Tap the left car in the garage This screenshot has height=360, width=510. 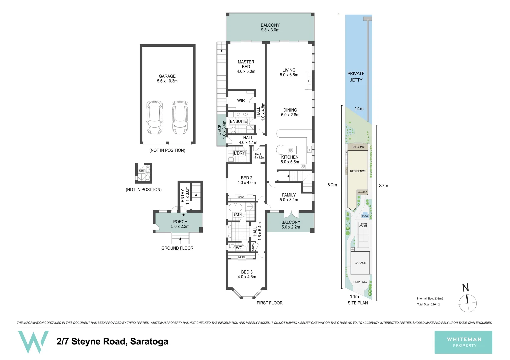154,118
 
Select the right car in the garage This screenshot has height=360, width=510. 180,118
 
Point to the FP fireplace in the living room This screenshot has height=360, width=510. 309,81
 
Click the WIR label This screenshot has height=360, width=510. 241,100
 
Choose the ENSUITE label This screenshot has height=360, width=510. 238,122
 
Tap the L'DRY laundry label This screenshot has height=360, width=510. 239,153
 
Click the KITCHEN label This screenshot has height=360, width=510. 290,157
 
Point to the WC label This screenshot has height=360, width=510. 239,248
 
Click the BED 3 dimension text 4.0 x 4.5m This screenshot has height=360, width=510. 247,277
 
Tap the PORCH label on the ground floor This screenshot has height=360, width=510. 180,222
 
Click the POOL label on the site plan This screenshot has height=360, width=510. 365,216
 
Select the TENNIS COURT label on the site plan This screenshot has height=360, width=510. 363,225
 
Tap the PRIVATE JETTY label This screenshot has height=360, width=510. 356,77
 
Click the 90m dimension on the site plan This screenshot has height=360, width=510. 332,185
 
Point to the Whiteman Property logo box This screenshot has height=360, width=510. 463,342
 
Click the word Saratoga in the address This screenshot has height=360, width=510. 149,341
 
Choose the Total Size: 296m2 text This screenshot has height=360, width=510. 428,304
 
